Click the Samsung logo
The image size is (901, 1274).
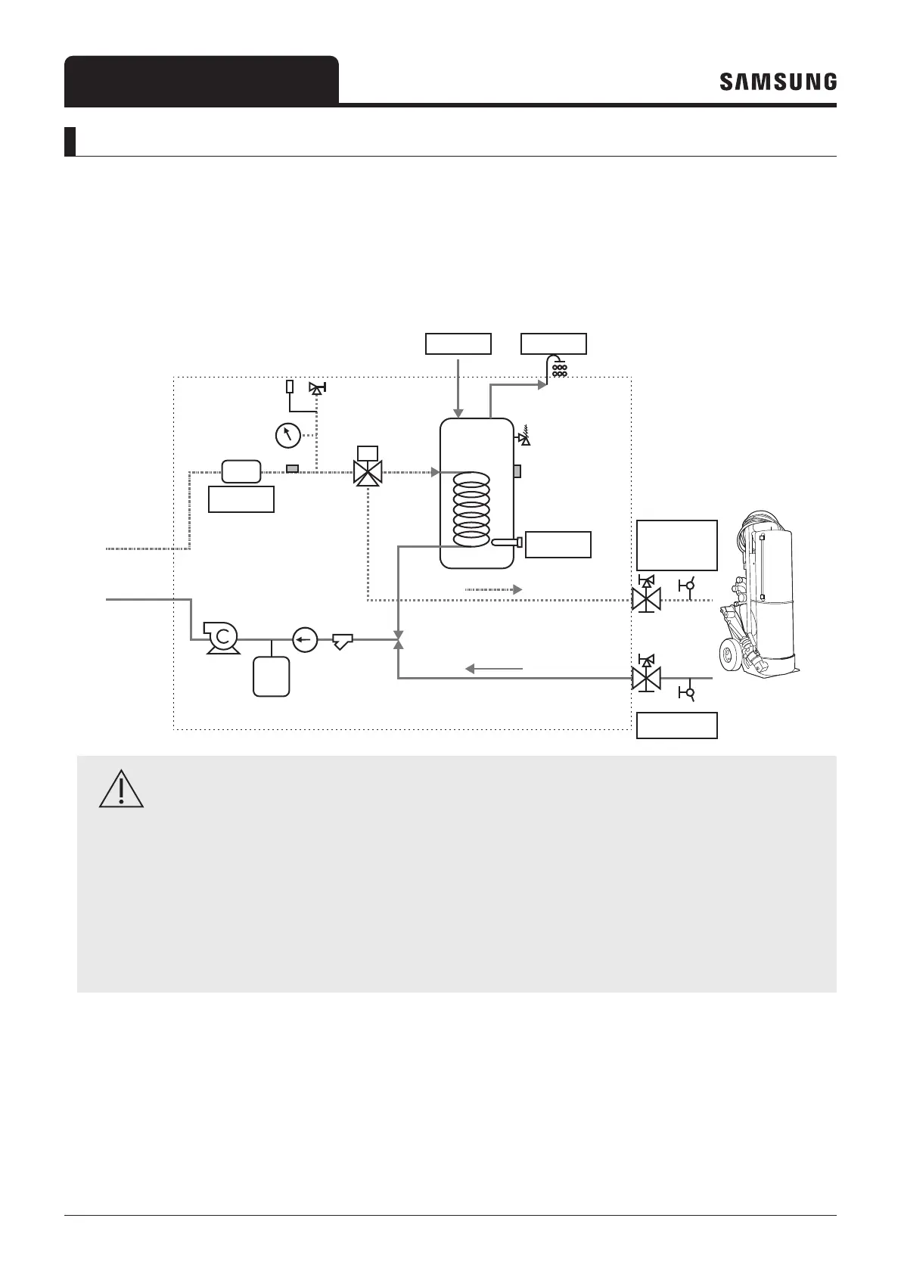point(778,82)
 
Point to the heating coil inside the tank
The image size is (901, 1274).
point(471,509)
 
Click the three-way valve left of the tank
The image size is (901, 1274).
point(368,473)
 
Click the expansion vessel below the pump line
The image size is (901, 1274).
point(272,676)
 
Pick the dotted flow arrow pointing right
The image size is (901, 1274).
point(492,589)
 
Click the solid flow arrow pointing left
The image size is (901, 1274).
point(493,669)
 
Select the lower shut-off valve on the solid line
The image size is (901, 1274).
point(646,678)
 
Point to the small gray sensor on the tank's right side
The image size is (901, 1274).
point(517,471)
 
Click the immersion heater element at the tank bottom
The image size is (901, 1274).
point(506,542)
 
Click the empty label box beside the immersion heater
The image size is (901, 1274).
point(558,545)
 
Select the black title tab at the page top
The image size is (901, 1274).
point(201,80)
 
